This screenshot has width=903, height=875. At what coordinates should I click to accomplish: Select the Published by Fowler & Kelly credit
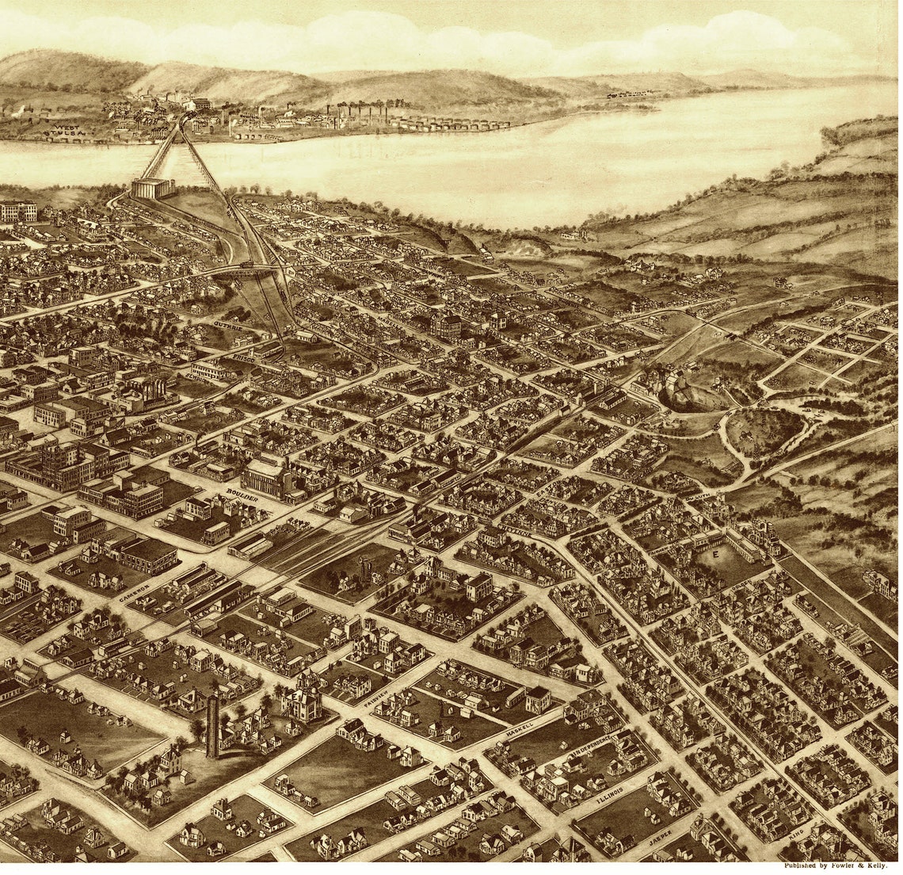[x=836, y=865]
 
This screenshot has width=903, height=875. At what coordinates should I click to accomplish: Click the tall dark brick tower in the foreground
[x=212, y=724]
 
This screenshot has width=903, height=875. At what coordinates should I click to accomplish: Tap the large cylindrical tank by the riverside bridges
[x=153, y=188]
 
